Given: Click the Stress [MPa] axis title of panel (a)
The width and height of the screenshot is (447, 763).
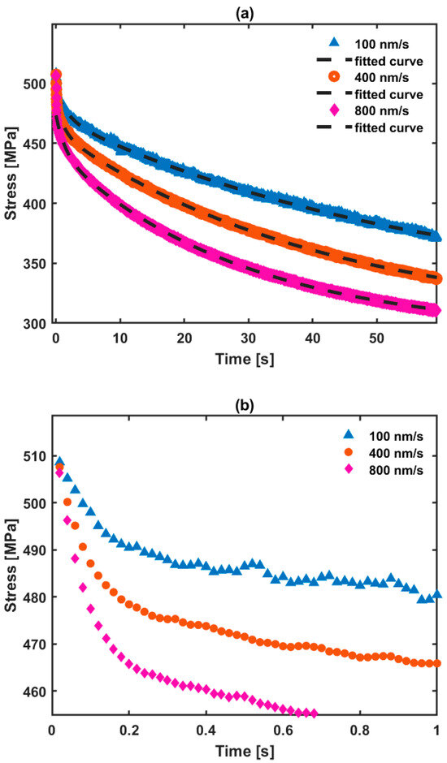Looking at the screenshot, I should [x=12, y=174].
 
